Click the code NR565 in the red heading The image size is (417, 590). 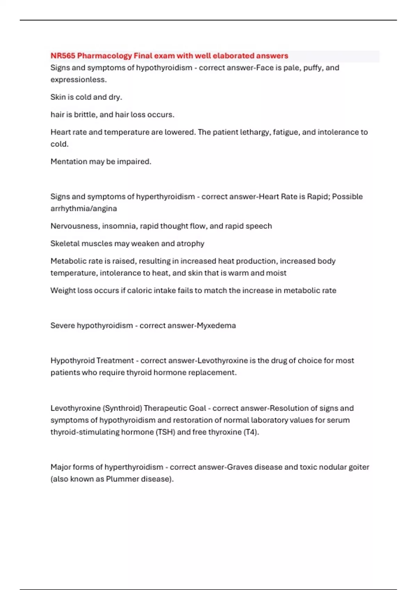tap(63, 56)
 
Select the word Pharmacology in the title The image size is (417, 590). tap(105, 56)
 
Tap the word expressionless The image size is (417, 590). tap(79, 79)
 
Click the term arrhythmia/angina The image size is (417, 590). tap(84, 209)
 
